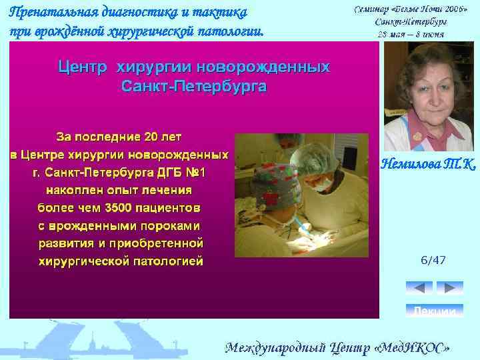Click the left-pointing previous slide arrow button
click(419, 288)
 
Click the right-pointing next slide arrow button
click(450, 288)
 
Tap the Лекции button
click(435, 311)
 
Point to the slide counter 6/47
click(433, 260)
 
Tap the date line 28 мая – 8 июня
click(411, 33)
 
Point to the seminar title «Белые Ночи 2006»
click(427, 9)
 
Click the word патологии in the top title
click(233, 30)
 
